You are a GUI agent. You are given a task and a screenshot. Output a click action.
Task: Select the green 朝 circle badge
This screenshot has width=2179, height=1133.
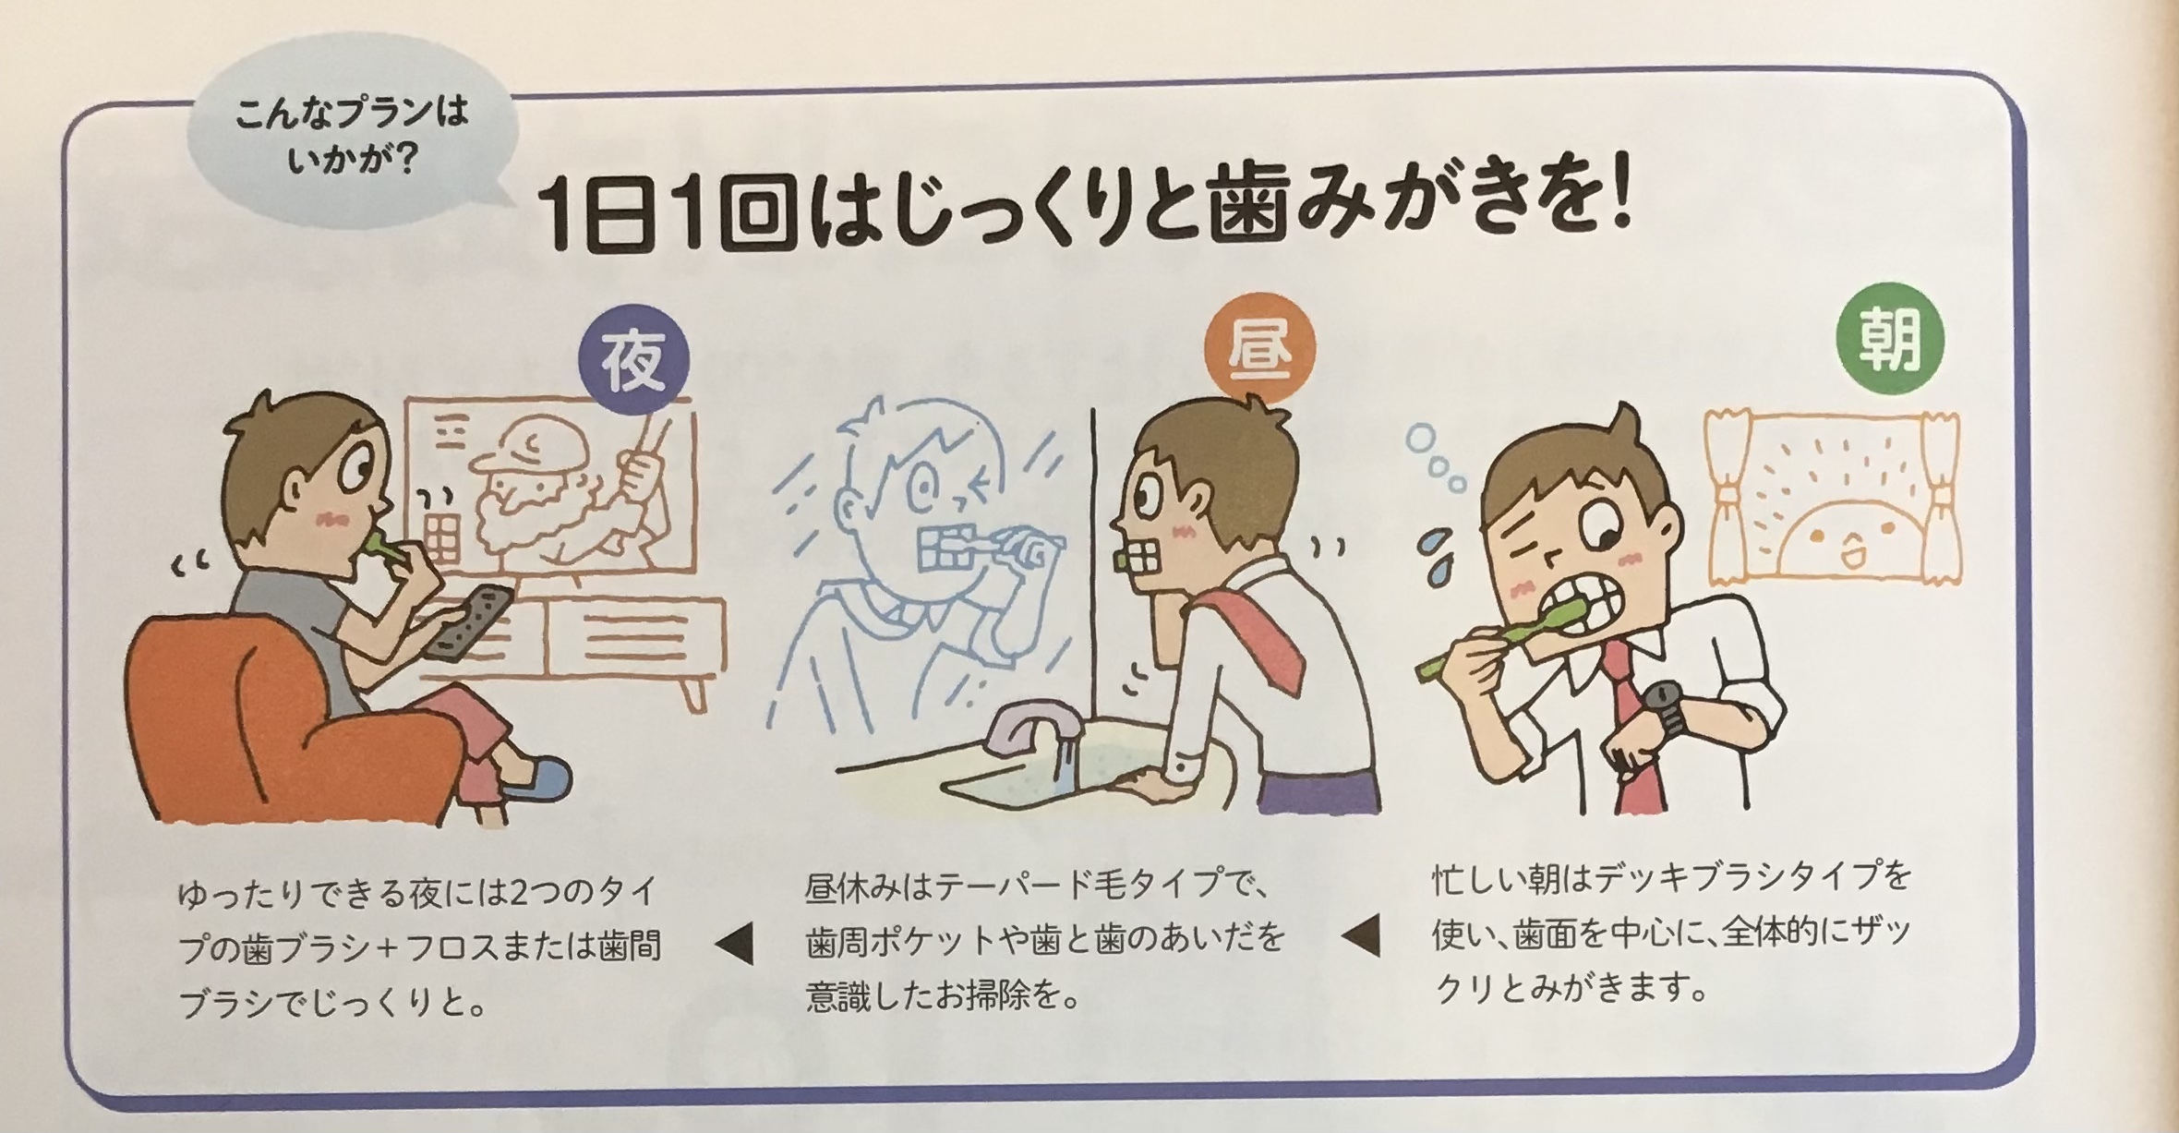point(1890,338)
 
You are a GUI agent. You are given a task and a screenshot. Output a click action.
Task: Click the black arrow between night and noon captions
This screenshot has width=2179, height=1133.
point(735,944)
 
